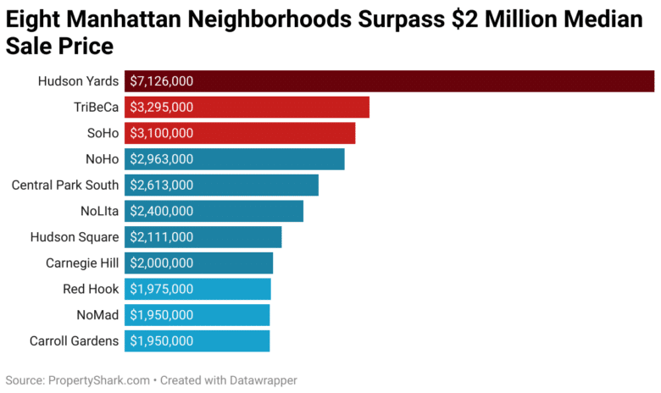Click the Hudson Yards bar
(390, 81)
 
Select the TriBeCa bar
(247, 108)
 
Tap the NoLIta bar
(214, 211)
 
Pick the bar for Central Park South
(222, 185)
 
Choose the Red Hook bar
(197, 289)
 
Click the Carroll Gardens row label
(75, 341)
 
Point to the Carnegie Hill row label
(82, 263)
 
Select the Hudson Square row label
(75, 237)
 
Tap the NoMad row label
(97, 315)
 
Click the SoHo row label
(101, 133)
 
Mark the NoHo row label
(100, 159)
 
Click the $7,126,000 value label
(162, 81)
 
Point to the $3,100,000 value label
(162, 133)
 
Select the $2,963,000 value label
(162, 159)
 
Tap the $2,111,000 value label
(162, 237)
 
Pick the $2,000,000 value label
(162, 263)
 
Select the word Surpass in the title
(434, 19)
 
